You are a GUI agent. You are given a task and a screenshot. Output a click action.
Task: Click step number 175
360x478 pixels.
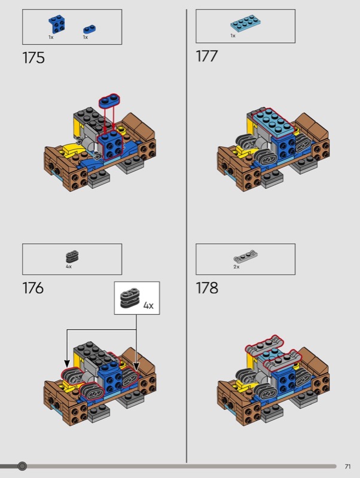click(33, 57)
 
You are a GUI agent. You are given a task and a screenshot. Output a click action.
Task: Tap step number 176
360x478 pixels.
click(33, 288)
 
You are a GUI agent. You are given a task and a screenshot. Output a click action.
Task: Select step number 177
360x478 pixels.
click(206, 56)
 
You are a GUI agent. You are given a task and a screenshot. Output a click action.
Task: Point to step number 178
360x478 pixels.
click(207, 288)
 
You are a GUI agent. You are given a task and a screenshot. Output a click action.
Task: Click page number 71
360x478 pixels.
click(348, 467)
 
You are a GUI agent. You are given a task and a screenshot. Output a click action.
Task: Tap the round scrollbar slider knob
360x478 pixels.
click(22, 466)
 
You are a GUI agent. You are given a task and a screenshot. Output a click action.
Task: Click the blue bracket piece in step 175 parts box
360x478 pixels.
click(56, 24)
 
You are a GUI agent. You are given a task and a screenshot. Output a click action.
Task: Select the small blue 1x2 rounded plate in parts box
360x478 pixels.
click(89, 29)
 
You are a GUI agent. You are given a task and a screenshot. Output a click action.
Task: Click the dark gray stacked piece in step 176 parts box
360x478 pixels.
click(72, 257)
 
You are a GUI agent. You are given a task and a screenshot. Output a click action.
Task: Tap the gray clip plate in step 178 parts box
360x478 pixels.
click(245, 256)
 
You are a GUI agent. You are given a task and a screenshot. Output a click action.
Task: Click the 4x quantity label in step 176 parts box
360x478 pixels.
click(69, 266)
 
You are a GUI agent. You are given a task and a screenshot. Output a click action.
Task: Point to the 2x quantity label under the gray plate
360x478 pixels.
click(236, 266)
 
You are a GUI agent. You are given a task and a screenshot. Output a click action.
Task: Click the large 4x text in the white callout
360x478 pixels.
click(148, 305)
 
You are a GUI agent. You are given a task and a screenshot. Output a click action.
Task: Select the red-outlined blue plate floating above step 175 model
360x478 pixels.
click(109, 100)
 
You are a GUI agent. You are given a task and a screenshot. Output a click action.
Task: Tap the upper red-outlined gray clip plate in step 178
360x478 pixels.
click(264, 346)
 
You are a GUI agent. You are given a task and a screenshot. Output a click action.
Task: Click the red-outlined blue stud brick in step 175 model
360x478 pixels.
click(110, 145)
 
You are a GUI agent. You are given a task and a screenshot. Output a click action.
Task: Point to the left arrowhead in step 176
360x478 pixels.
click(67, 363)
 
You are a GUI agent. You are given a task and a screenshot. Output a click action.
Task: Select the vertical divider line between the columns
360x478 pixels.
click(187, 235)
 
